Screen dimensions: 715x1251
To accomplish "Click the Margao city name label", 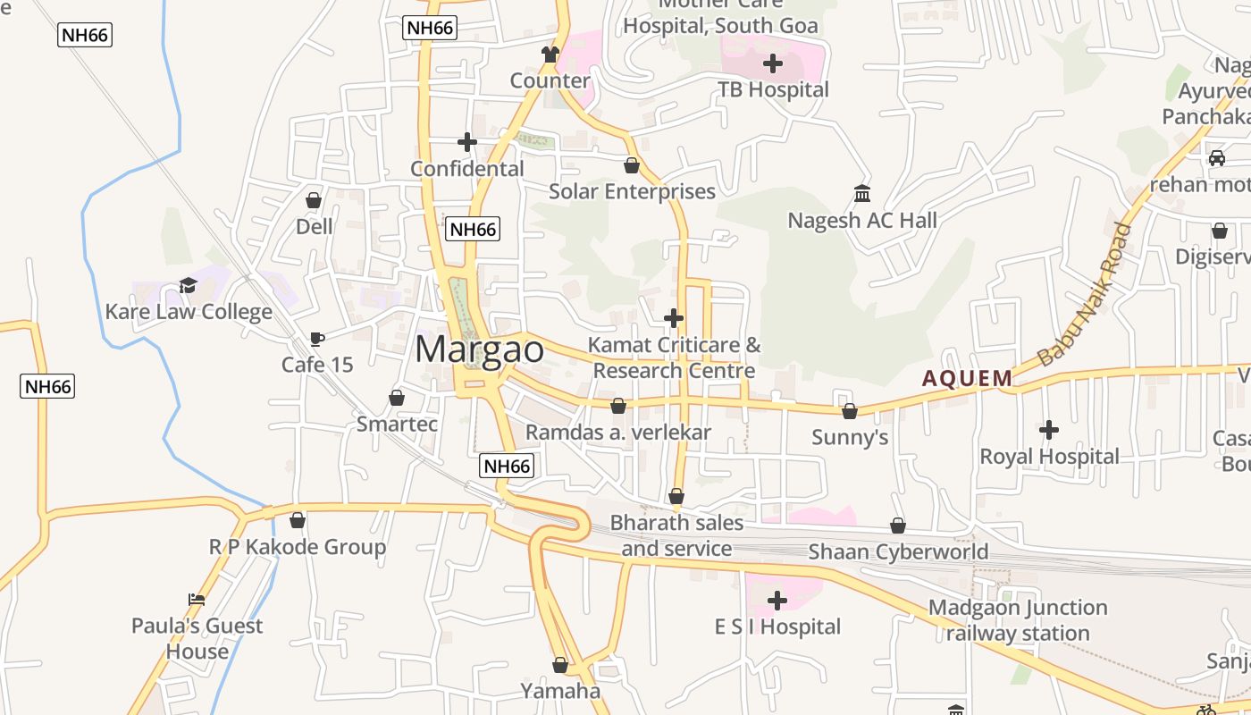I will (480, 349).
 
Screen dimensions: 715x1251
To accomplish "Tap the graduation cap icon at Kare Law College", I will (188, 285).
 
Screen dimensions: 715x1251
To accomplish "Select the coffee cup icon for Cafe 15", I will (316, 339).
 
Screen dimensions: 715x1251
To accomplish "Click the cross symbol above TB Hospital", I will (773, 63).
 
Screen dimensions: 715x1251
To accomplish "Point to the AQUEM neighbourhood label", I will (968, 378).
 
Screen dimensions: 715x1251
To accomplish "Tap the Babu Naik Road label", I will (1084, 295).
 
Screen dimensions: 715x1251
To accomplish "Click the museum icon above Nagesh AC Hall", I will (862, 193).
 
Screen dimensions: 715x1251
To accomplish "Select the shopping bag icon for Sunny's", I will (850, 411).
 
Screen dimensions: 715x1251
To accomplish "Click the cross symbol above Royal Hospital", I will (1049, 430).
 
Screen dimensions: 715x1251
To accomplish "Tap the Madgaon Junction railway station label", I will (1018, 620).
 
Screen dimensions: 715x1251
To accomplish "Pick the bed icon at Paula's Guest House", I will (197, 600).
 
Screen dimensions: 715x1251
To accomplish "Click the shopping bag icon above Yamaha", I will (560, 665).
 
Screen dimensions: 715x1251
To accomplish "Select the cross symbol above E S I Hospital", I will (777, 601).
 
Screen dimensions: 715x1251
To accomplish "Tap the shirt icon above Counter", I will (550, 55).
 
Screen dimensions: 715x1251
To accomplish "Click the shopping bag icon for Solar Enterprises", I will (632, 165).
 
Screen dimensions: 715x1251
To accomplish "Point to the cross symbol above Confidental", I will (467, 142).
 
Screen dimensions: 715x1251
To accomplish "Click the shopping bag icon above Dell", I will (314, 199).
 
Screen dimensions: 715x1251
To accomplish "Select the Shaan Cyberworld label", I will (898, 551).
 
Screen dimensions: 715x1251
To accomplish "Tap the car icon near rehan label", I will (1217, 158).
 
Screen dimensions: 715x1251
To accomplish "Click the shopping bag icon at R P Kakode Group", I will (298, 520).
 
